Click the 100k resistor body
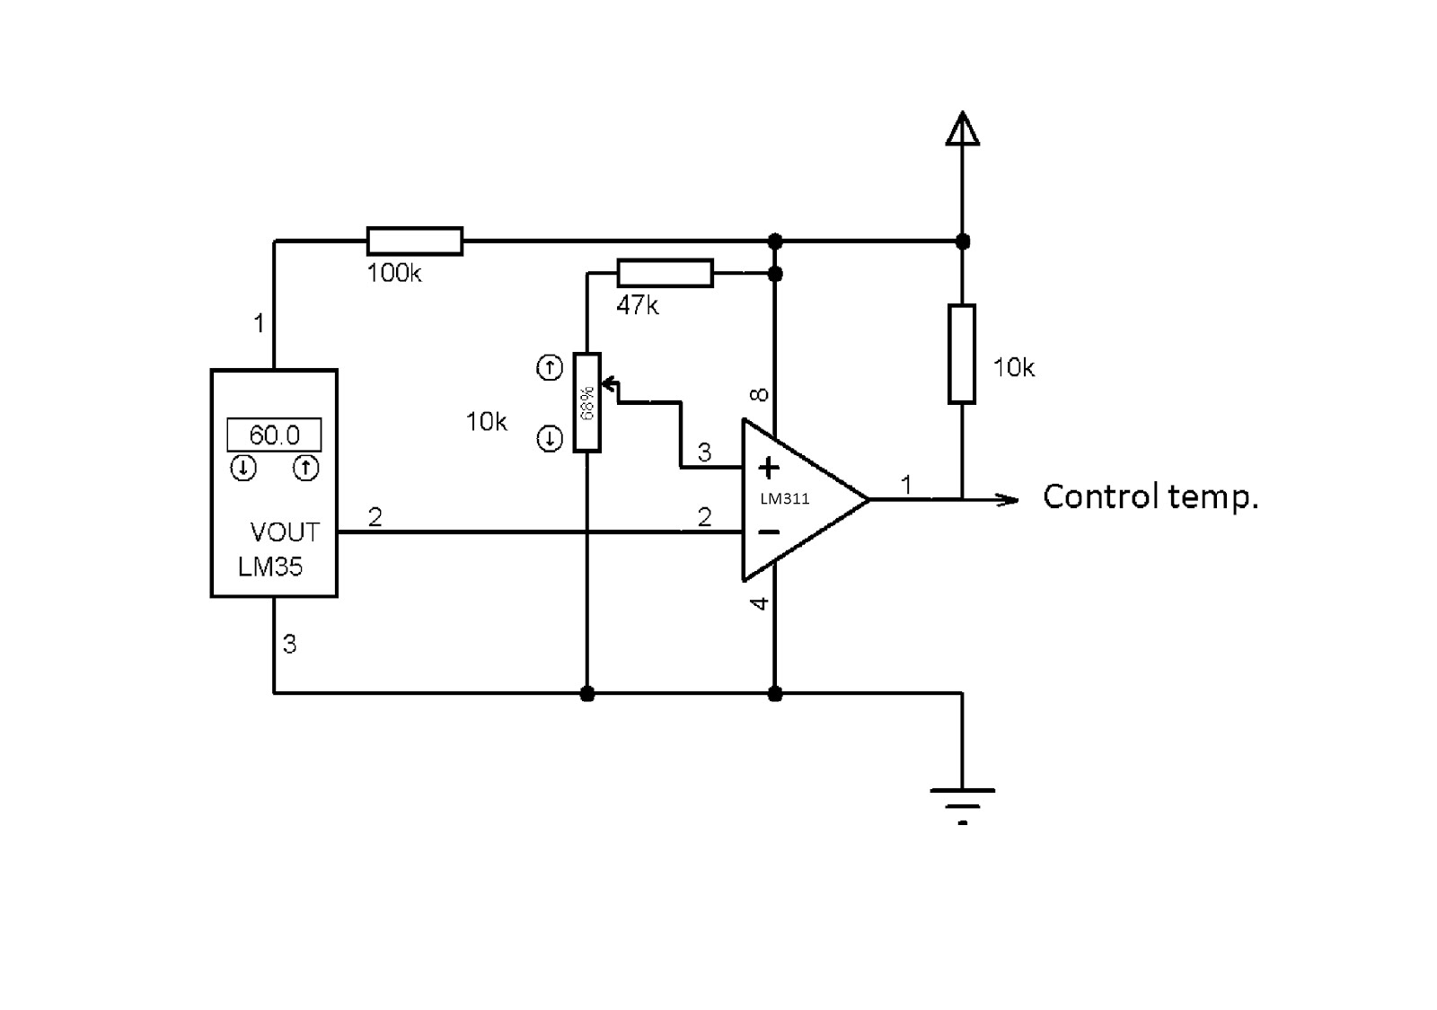(x=415, y=241)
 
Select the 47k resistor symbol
(x=665, y=273)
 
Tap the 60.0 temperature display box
(x=274, y=435)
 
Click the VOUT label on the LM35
(x=285, y=532)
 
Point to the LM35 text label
(x=270, y=566)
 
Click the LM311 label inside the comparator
(x=785, y=499)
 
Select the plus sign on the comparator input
(x=769, y=467)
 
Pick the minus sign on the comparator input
(x=769, y=532)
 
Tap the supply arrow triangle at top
(x=962, y=130)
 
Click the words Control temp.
(x=1150, y=496)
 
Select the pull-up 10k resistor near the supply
(x=962, y=354)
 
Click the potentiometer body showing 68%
(x=586, y=402)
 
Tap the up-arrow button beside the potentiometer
(x=550, y=367)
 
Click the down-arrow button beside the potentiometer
(x=550, y=439)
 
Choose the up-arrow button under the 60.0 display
(x=306, y=468)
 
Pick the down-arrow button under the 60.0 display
(x=243, y=468)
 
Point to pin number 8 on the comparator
(x=760, y=394)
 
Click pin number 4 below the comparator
(x=760, y=603)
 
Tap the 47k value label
(x=638, y=306)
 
